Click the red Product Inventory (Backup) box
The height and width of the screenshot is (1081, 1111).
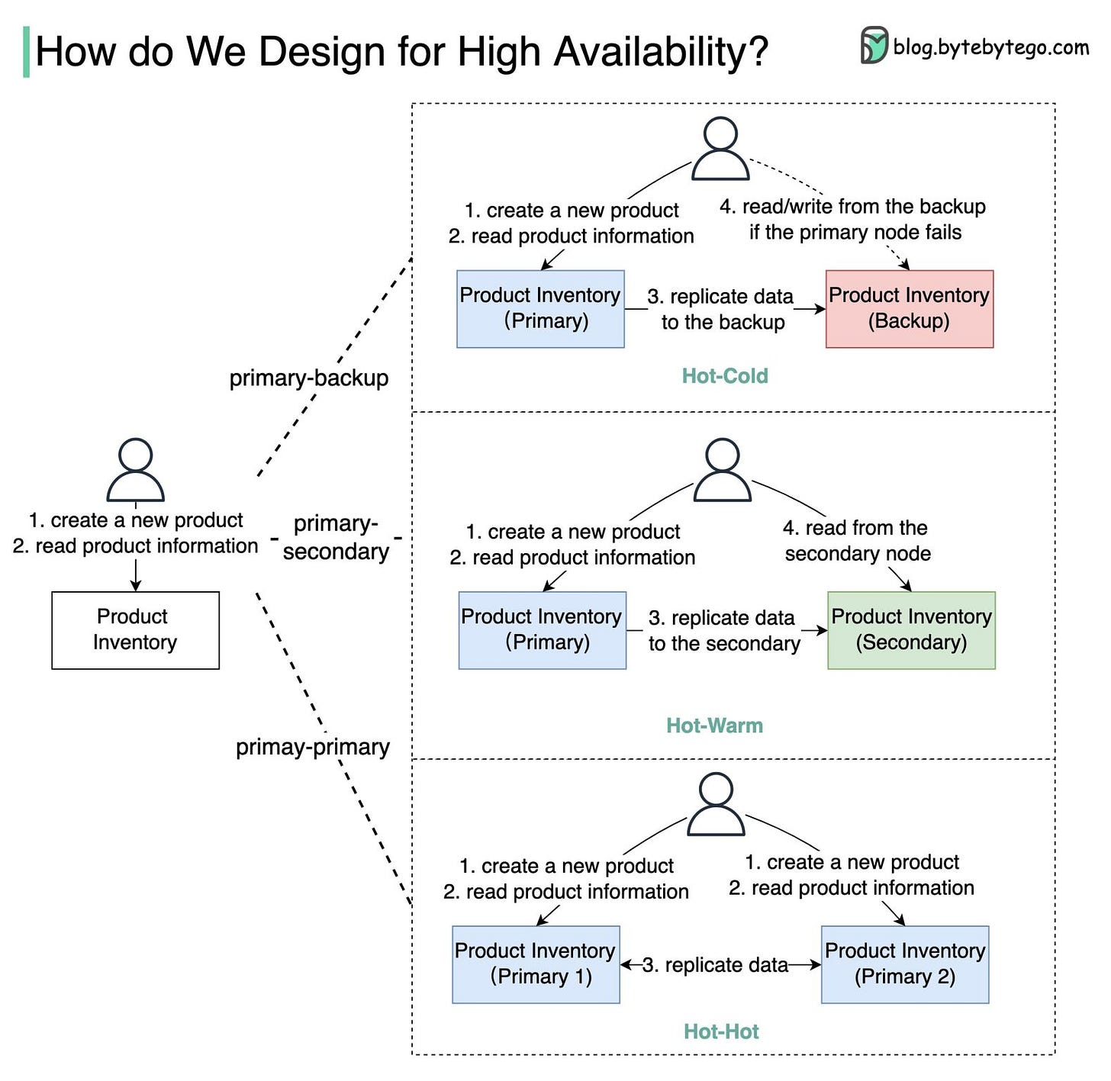pos(909,309)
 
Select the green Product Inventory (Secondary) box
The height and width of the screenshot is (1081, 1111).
pos(911,630)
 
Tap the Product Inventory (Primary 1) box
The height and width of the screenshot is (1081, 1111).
pos(536,964)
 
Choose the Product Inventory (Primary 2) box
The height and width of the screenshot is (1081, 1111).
pos(905,964)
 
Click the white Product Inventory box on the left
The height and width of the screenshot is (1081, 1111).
pos(135,630)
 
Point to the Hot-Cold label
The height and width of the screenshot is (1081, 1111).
pos(724,375)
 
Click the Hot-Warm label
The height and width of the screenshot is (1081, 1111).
pos(714,725)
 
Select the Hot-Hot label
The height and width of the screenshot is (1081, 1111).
pos(721,1031)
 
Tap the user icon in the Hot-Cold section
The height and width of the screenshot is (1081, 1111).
pos(720,148)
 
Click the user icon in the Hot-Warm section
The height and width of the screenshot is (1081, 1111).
pos(722,470)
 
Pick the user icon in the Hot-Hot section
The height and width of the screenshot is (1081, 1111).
pos(716,804)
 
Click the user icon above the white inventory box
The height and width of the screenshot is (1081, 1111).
pos(135,470)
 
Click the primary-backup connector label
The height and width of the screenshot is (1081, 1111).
pos(309,378)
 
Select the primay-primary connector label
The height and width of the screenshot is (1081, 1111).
pos(312,747)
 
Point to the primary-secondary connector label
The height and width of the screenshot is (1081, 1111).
pos(336,537)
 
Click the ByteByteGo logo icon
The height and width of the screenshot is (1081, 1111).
pos(874,46)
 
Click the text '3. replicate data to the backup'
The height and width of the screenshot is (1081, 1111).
pos(722,309)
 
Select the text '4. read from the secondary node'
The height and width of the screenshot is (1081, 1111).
pos(857,540)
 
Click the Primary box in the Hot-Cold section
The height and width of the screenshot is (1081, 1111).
pos(540,309)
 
